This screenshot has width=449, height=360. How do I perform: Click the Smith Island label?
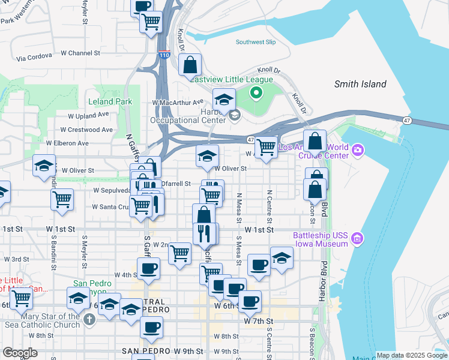pyautogui.click(x=360, y=84)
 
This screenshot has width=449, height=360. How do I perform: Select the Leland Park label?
pyautogui.click(x=110, y=101)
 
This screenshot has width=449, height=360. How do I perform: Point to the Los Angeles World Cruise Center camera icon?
pyautogui.click(x=358, y=149)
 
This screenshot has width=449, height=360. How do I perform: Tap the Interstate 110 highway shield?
pyautogui.click(x=164, y=55)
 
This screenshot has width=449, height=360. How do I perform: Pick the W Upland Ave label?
pyautogui.click(x=88, y=115)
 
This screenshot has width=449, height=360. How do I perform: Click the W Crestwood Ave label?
pyautogui.click(x=87, y=129)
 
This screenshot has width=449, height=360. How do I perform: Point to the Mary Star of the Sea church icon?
pyautogui.click(x=89, y=319)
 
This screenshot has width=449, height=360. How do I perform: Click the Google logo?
pyautogui.click(x=20, y=353)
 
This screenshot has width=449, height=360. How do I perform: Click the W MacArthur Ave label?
pyautogui.click(x=179, y=103)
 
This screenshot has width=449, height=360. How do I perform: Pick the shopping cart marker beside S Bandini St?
pyautogui.click(x=62, y=199)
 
